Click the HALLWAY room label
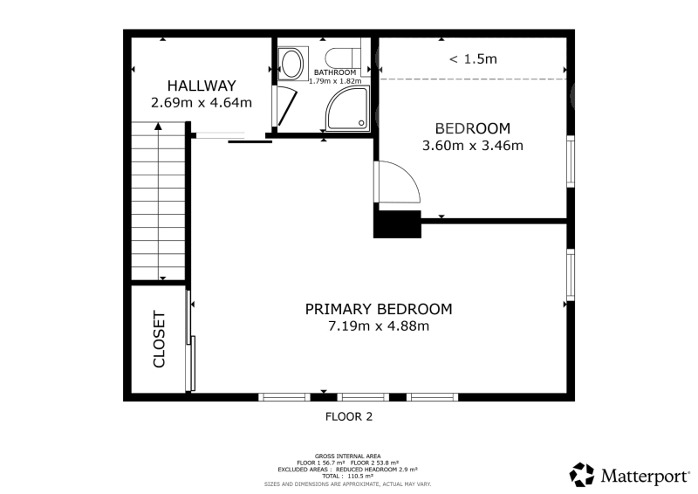point(202,86)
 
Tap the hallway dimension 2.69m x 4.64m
point(202,103)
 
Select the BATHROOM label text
point(335,72)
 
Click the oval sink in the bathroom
point(291,64)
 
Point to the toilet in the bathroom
point(343,58)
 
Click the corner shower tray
point(348,108)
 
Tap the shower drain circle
point(361,123)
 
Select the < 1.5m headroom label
point(473,58)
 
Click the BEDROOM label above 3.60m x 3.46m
point(473,128)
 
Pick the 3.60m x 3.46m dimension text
point(473,146)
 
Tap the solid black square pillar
point(397,224)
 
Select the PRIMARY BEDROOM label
point(379,309)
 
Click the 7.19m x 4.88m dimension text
point(379,326)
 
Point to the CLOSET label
point(159,339)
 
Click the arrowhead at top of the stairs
point(158,126)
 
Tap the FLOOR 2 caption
point(349,416)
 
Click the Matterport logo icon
point(582,475)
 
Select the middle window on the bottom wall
point(363,397)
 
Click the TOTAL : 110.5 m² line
point(347,477)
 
